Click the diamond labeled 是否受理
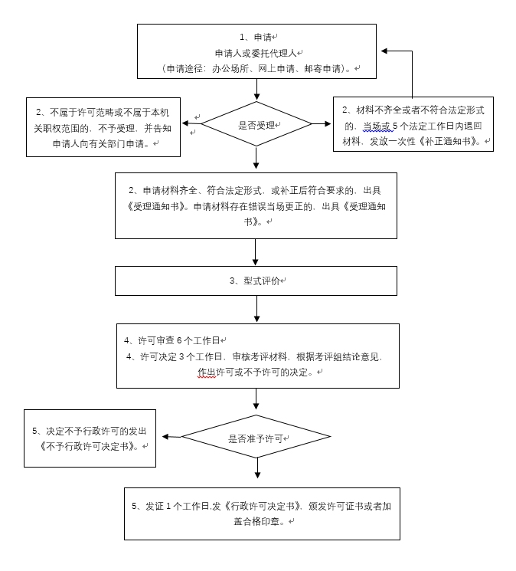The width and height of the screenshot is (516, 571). click(x=256, y=124)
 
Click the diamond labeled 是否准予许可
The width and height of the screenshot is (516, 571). click(x=256, y=438)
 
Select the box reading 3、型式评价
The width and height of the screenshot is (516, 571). click(x=256, y=281)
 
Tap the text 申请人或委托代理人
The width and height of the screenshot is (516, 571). click(x=256, y=53)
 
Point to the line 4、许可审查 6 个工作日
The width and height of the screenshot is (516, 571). click(x=172, y=340)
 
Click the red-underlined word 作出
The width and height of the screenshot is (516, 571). click(x=207, y=372)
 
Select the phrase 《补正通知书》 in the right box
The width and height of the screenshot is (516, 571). click(x=449, y=141)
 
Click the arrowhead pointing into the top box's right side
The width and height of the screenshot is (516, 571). click(x=385, y=51)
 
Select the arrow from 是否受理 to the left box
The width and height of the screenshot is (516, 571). click(x=191, y=123)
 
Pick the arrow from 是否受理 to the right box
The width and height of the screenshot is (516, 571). click(x=322, y=123)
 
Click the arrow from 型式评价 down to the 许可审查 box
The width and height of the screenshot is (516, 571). click(x=256, y=309)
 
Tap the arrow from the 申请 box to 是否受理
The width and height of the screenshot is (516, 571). click(x=256, y=90)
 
